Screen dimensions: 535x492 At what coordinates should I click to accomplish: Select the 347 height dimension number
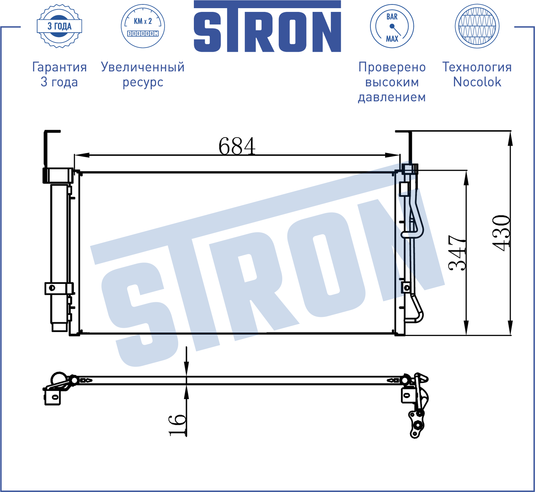457,253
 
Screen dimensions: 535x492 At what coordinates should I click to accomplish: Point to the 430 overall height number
501,233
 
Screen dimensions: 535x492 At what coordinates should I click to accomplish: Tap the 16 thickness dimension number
178,425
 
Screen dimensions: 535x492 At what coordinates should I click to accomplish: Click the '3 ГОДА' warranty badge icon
60,26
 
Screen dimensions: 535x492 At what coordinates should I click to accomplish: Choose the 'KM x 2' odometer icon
143,26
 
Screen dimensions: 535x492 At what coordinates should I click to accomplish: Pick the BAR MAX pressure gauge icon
392,26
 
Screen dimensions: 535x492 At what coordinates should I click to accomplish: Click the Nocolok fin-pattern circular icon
477,26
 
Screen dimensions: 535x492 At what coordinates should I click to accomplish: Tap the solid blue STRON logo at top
267,27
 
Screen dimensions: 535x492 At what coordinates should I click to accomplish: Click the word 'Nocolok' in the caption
477,82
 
